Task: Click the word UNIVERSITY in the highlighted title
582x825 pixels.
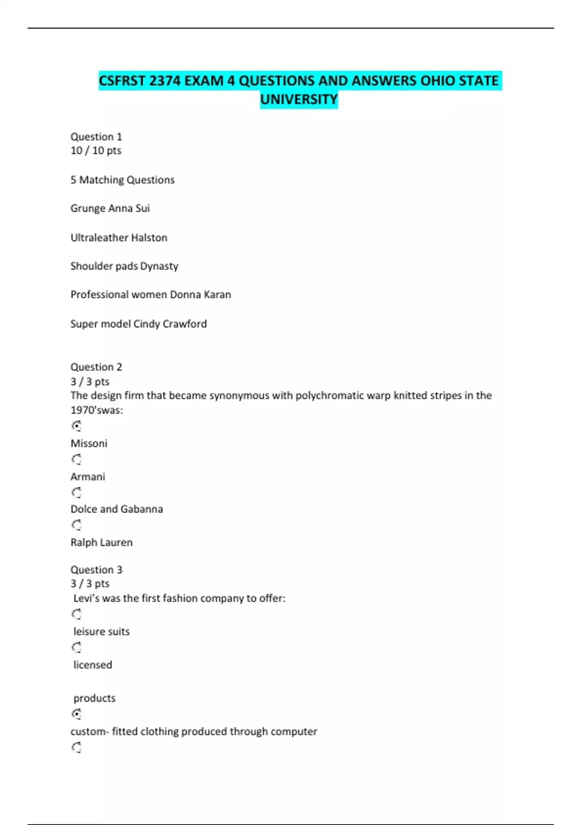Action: point(299,99)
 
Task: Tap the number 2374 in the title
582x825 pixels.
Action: point(165,81)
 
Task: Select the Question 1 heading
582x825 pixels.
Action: point(96,137)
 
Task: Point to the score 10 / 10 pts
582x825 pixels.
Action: point(96,151)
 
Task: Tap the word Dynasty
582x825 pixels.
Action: point(159,266)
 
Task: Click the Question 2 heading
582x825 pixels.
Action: point(96,367)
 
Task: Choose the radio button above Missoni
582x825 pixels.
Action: point(77,426)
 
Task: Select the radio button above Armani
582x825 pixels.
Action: point(77,459)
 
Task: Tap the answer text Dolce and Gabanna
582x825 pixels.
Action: point(116,509)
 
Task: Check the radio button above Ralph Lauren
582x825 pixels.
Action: point(77,525)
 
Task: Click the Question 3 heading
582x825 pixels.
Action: point(96,570)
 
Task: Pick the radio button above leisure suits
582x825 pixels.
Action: point(77,614)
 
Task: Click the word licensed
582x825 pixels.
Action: point(93,665)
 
